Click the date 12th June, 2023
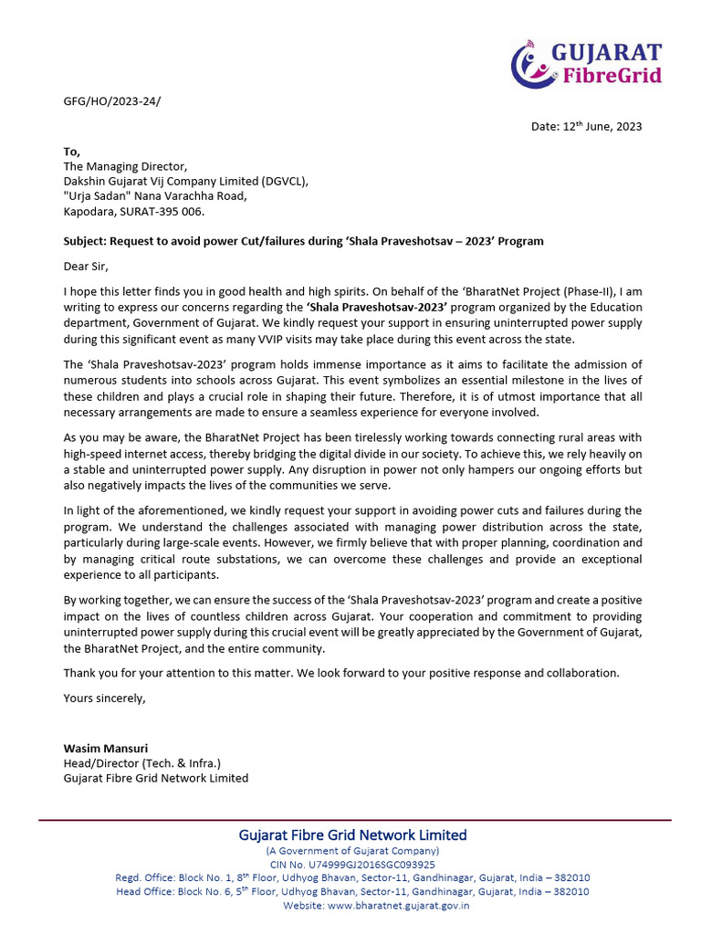tap(586, 126)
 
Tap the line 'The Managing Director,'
tap(124, 166)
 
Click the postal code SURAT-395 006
tap(160, 211)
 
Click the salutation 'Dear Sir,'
tap(86, 267)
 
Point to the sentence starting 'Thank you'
tap(341, 673)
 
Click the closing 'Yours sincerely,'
tap(104, 699)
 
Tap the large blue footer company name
tap(352, 835)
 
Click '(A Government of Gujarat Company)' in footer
tap(352, 851)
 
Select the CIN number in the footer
tap(352, 865)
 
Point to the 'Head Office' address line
tap(352, 892)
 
